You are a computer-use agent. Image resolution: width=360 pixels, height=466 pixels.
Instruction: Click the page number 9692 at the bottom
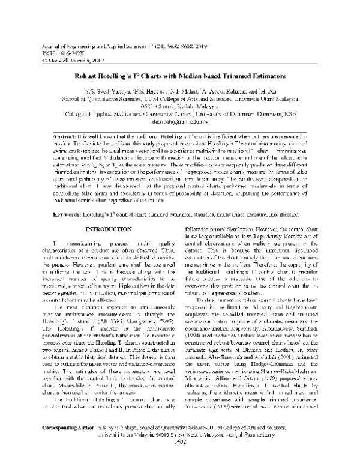[x=179, y=459]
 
